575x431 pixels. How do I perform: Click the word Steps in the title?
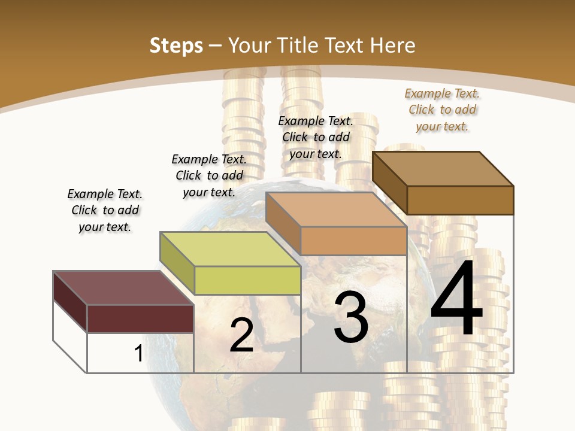pos(176,45)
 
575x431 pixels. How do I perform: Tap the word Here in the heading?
pos(393,45)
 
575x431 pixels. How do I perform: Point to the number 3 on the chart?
pos(350,317)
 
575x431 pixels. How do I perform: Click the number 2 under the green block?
pos(241,335)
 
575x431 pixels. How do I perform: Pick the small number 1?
pos(138,353)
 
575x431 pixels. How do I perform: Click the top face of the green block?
pos(231,248)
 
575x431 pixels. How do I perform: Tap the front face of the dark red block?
pos(140,318)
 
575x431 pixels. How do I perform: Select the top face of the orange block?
pos(337,210)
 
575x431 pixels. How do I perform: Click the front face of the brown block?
pos(460,200)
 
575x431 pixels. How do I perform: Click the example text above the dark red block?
pos(105,210)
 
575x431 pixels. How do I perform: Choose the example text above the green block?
pos(209,175)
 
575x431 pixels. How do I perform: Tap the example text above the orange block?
pos(316,137)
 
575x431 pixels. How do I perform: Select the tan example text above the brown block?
pos(442,110)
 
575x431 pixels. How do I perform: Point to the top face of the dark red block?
pos(123,288)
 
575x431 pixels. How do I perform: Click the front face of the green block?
pos(247,280)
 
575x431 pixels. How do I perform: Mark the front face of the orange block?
pos(353,241)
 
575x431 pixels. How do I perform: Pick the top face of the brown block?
pos(443,169)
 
